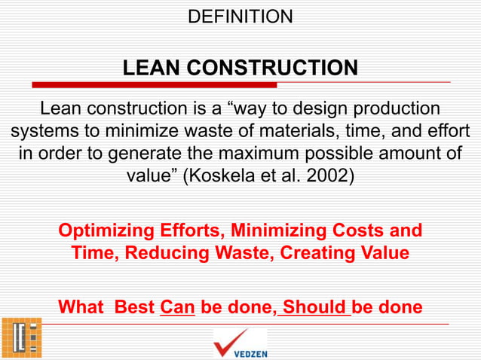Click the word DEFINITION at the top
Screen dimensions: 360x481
pos(240,16)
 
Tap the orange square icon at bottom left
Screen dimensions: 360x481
pos(20,337)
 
